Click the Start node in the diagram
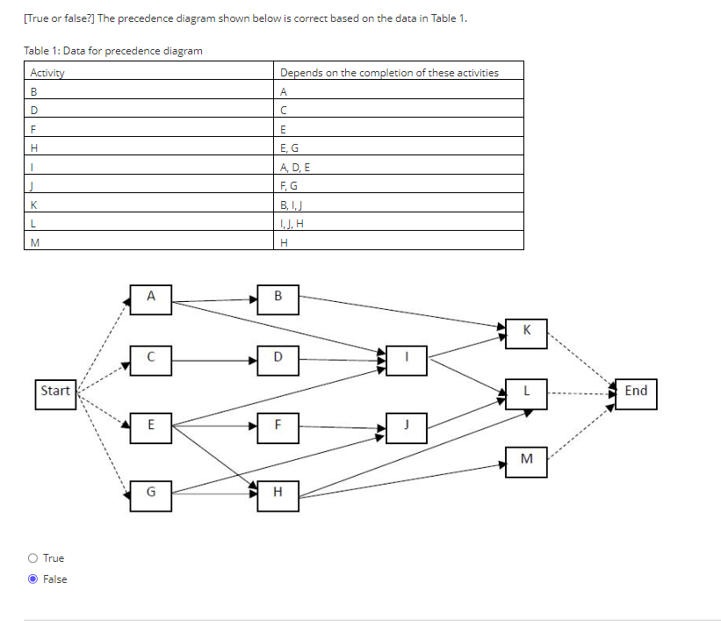(55, 391)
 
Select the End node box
(635, 392)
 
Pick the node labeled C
(150, 358)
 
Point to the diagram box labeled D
(278, 358)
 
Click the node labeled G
(150, 494)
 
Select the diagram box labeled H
(278, 494)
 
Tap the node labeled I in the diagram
(407, 358)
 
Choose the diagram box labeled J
(407, 426)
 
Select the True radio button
(32, 558)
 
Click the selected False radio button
(32, 579)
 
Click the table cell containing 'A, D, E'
(400, 166)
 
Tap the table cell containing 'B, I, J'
(400, 204)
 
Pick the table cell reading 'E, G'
(400, 147)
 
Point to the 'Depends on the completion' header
(400, 72)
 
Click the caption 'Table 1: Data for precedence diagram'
(113, 51)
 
